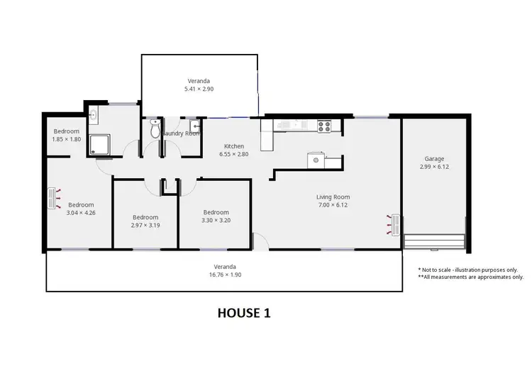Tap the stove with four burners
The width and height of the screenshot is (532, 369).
tap(325, 126)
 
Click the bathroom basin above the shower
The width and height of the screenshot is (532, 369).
tap(93, 115)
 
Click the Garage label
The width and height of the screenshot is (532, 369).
tap(434, 159)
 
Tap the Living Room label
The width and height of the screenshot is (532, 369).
tap(333, 197)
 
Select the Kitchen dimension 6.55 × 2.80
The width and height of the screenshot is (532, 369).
tap(234, 154)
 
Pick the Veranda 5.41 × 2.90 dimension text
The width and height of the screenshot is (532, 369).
tap(199, 89)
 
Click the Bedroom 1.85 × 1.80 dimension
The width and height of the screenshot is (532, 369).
tap(67, 139)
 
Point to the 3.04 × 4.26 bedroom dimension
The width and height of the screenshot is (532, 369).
tap(81, 212)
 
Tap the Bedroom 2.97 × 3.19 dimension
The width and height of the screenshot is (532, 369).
tap(145, 225)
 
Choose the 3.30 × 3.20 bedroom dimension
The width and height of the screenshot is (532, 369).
tap(216, 220)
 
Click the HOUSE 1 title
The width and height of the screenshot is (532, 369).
tap(243, 312)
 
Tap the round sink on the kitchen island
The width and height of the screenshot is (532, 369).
tap(314, 160)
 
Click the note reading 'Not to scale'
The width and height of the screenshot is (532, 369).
tap(468, 270)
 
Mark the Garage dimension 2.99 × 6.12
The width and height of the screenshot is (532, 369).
tap(434, 167)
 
